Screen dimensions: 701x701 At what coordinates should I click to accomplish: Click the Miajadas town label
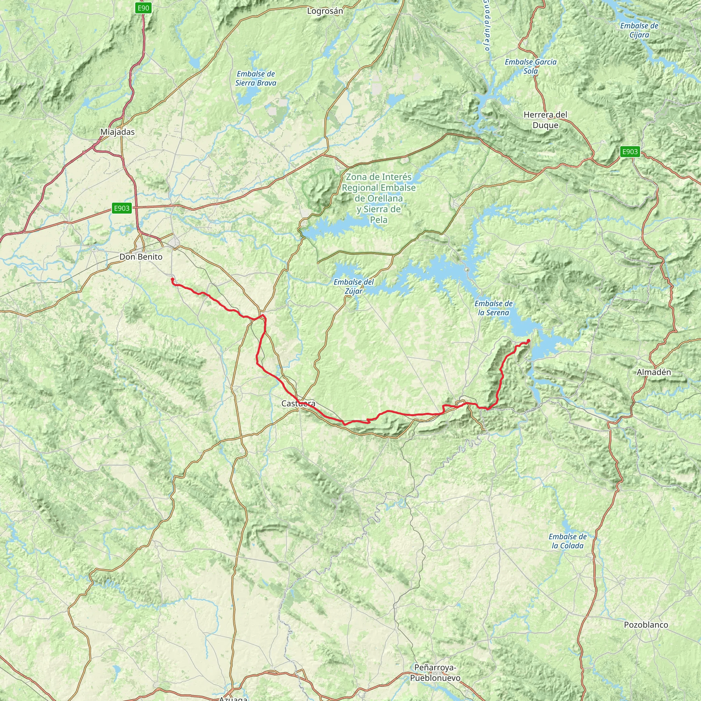pyautogui.click(x=117, y=132)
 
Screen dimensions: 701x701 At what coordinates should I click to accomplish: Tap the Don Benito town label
pyautogui.click(x=141, y=257)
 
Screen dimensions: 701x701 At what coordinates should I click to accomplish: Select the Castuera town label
pyautogui.click(x=298, y=404)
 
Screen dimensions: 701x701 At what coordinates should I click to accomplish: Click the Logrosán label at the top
pyautogui.click(x=325, y=11)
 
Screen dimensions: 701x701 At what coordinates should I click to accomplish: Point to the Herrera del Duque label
pyautogui.click(x=545, y=120)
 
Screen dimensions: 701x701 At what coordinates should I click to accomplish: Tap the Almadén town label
pyautogui.click(x=654, y=372)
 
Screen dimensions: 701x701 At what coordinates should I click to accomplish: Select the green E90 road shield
pyautogui.click(x=143, y=8)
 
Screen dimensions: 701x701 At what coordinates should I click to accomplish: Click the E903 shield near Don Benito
pyautogui.click(x=122, y=208)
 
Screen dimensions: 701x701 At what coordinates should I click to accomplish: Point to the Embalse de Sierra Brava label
pyautogui.click(x=255, y=78)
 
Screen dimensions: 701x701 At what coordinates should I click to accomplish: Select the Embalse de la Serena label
pyautogui.click(x=494, y=308)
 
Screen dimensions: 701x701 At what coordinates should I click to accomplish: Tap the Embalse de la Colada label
pyautogui.click(x=568, y=541)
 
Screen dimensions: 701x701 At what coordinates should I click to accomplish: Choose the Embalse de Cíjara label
pyautogui.click(x=639, y=30)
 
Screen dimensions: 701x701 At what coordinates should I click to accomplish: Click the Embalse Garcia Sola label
pyautogui.click(x=531, y=66)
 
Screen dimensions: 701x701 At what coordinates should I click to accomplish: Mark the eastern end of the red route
pyautogui.click(x=528, y=340)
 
